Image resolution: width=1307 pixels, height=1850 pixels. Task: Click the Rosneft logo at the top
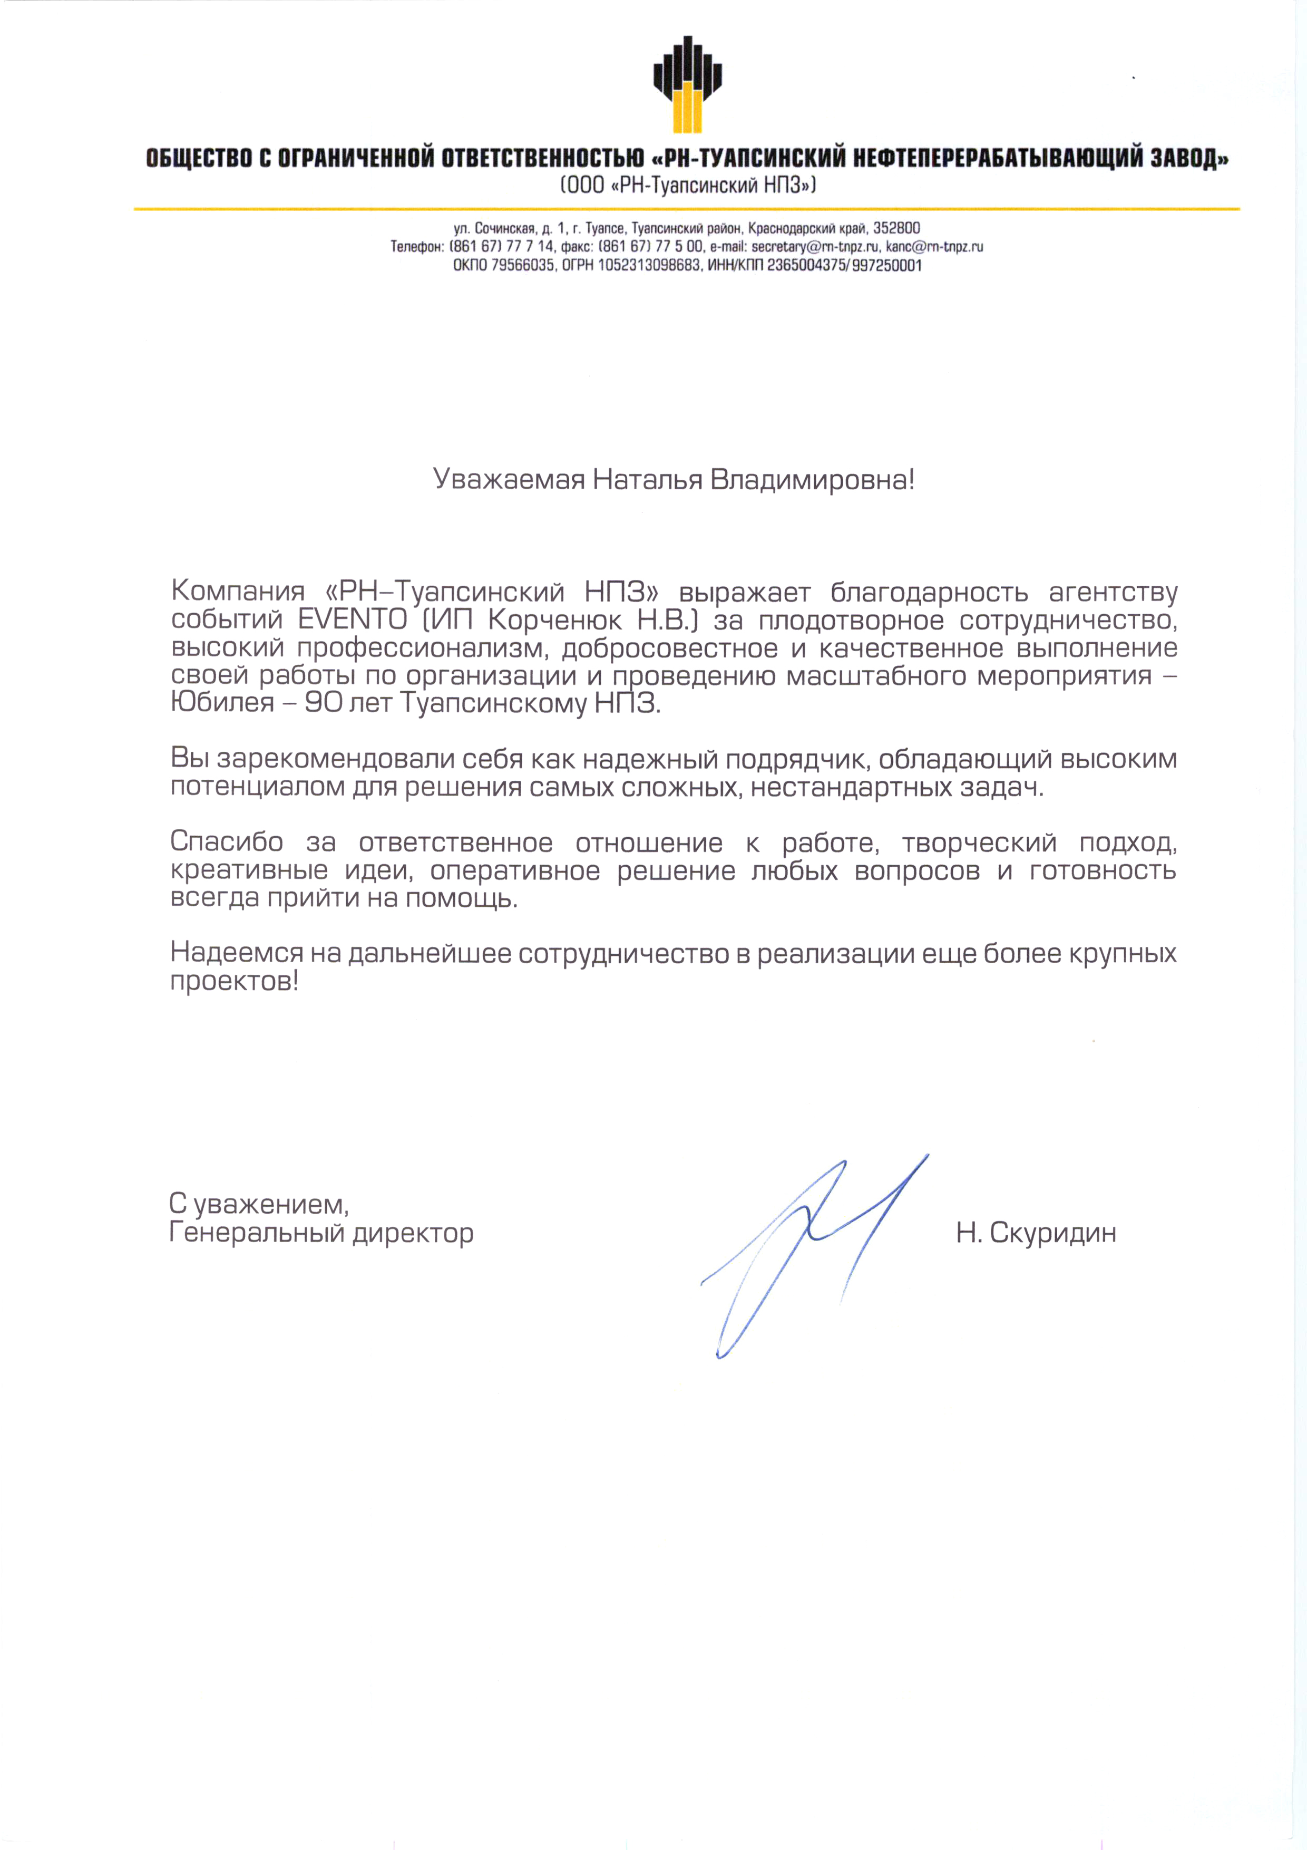684,84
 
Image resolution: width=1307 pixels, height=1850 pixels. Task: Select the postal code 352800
897,228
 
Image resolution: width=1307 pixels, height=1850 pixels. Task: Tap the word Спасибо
226,843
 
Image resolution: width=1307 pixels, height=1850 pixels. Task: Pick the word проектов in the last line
233,981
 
